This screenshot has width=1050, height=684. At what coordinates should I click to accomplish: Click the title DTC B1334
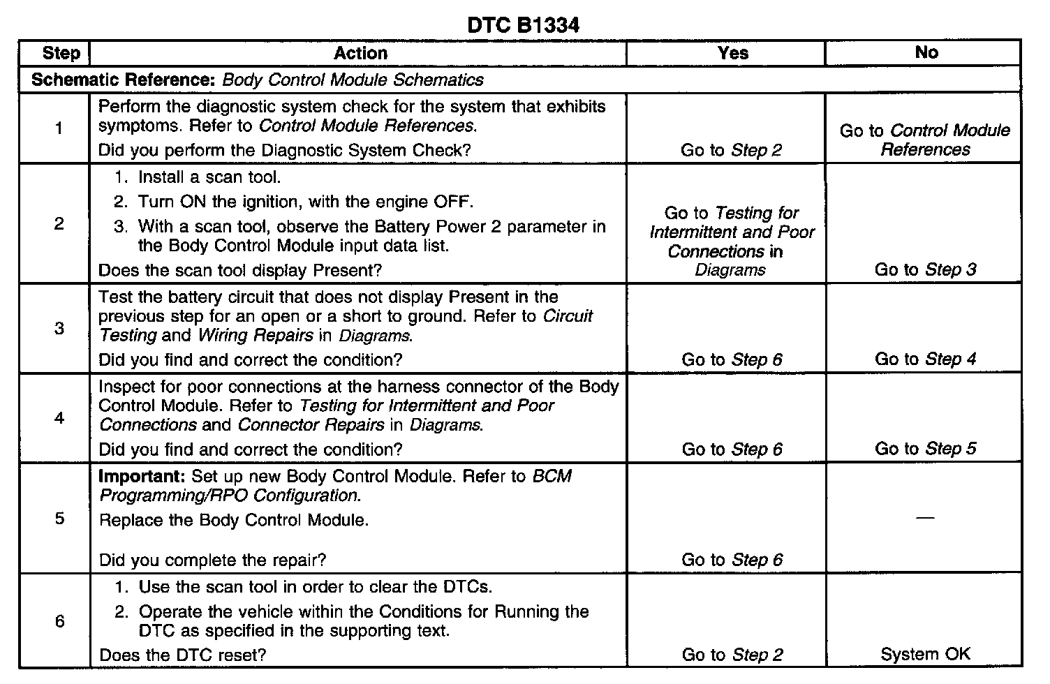pos(523,25)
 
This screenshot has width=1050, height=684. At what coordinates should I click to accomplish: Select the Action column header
pos(360,53)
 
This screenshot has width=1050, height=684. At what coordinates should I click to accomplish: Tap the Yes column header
pos(732,53)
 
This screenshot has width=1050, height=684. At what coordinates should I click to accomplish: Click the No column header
pos(926,53)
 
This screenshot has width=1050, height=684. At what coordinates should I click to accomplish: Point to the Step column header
pos(61,53)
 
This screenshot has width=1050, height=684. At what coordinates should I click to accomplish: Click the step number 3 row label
pos(59,328)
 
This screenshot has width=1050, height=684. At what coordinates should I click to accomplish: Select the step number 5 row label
pos(59,518)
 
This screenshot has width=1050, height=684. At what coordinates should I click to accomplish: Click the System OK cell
pos(925,654)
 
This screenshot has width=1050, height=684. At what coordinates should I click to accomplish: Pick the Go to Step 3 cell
pos(925,269)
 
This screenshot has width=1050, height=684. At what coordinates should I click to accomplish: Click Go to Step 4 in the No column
pos(925,359)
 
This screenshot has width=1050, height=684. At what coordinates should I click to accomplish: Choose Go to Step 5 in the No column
pos(925,449)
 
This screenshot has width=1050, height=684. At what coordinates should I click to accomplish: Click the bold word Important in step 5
pos(142,477)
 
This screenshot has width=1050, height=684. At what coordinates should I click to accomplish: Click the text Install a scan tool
pos(209,177)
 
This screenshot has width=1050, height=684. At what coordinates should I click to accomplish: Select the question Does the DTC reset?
pos(182,655)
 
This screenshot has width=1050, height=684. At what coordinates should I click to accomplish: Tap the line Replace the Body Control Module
pos(234,520)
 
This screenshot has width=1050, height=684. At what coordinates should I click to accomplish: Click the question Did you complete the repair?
pos(212,560)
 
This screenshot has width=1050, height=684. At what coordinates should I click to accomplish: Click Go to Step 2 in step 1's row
pos(731,150)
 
